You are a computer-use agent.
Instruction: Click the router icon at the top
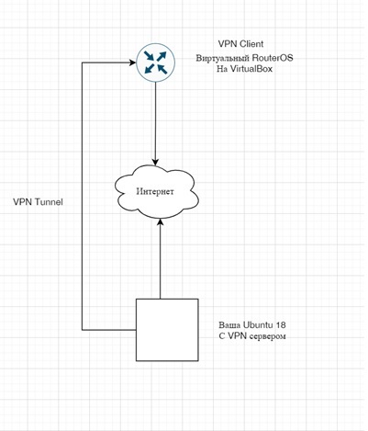[x=153, y=63]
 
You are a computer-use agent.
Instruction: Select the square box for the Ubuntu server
[x=167, y=329]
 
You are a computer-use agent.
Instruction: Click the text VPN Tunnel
[x=39, y=201]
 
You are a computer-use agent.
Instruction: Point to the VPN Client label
[x=240, y=44]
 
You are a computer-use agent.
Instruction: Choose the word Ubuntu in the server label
[x=258, y=324]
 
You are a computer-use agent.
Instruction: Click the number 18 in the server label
[x=281, y=324]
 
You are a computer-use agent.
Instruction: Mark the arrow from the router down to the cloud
[x=154, y=124]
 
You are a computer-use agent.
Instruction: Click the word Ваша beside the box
[x=230, y=324]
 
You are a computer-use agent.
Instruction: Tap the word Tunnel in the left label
[x=49, y=201]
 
